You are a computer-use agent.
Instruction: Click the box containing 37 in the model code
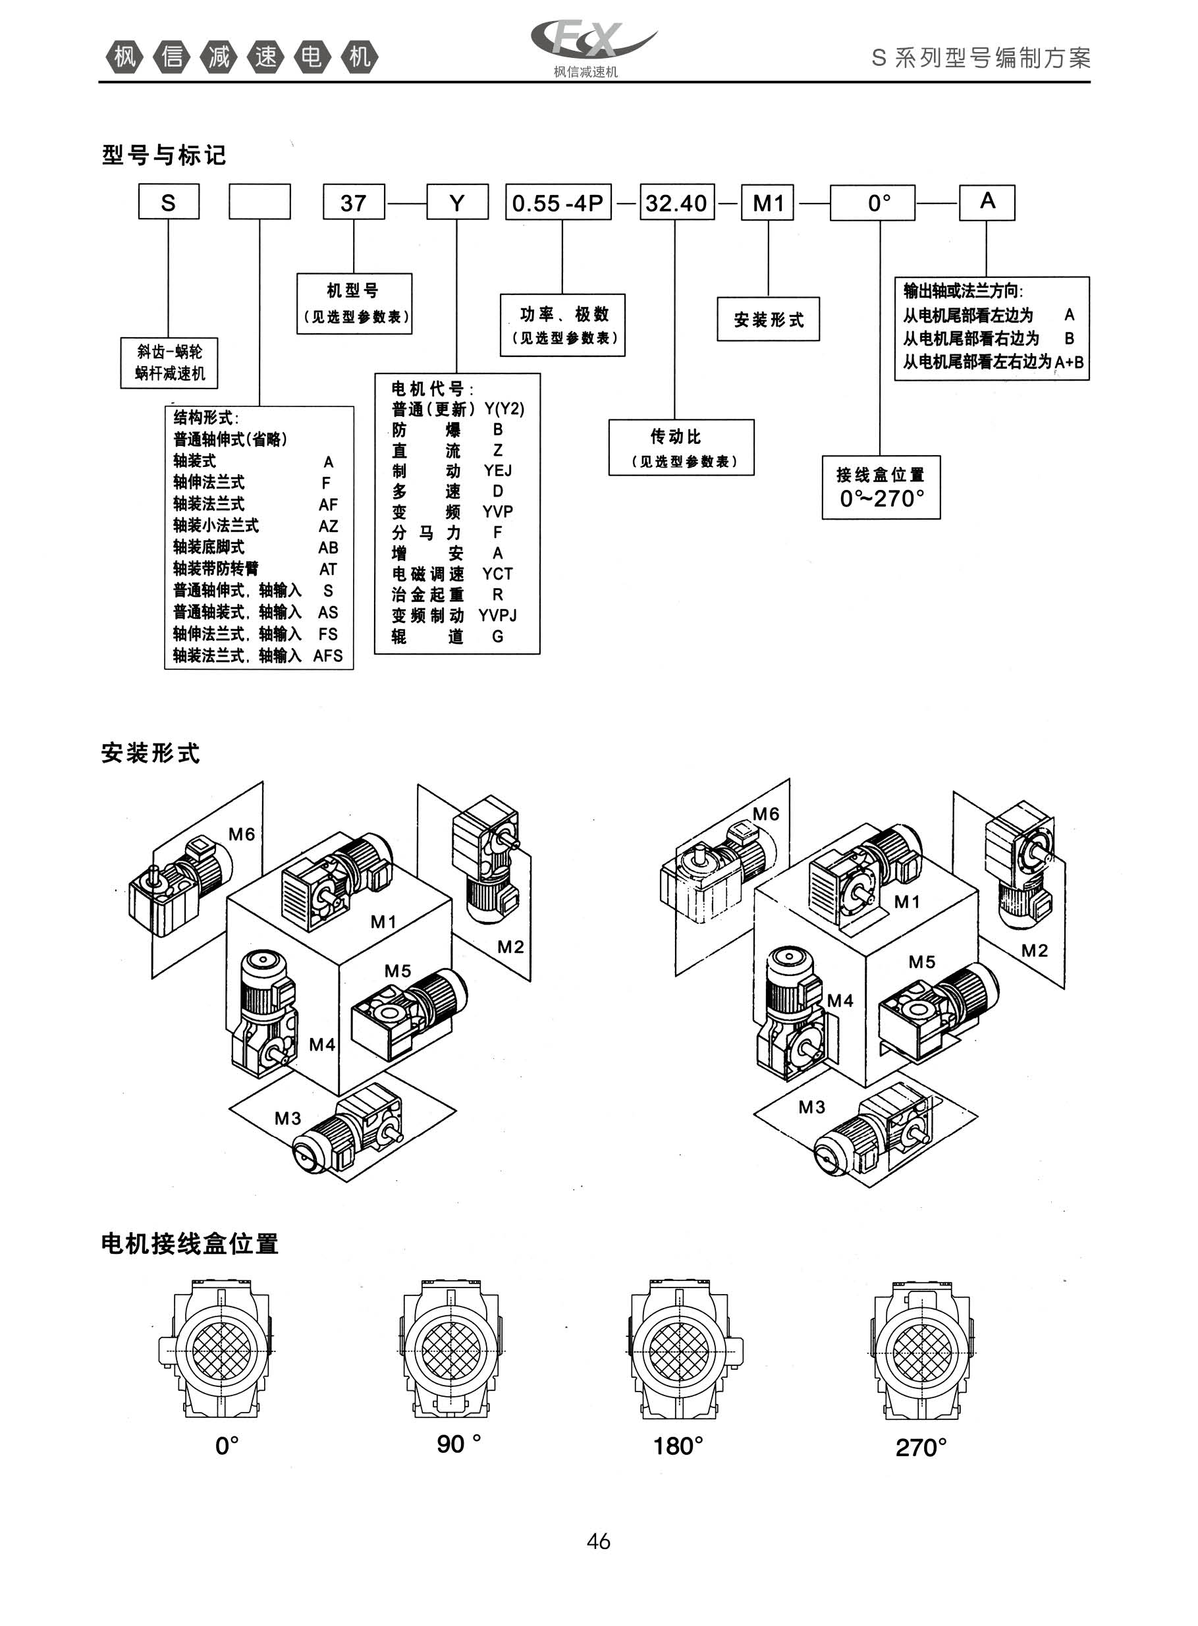point(353,202)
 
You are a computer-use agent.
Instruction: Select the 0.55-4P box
point(558,202)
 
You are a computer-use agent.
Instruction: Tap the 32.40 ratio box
point(676,202)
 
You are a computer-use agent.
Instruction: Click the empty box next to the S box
point(259,202)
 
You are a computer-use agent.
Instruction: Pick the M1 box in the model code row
point(768,202)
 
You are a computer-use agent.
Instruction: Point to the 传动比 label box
point(681,447)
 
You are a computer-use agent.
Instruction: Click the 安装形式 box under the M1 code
point(768,319)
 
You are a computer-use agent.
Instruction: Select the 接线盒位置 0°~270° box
point(881,487)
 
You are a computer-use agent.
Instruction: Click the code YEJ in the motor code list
point(497,470)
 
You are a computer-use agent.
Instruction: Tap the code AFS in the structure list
point(328,655)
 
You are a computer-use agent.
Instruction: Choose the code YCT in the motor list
point(497,574)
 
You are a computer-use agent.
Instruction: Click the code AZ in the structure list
point(328,526)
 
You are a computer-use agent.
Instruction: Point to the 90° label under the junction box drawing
point(458,1444)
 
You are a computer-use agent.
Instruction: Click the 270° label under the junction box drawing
point(921,1447)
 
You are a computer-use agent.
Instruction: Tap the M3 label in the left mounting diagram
point(287,1118)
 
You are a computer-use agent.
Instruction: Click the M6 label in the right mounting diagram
point(766,814)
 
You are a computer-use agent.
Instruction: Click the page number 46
point(598,1541)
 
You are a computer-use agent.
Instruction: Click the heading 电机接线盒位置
point(190,1244)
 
